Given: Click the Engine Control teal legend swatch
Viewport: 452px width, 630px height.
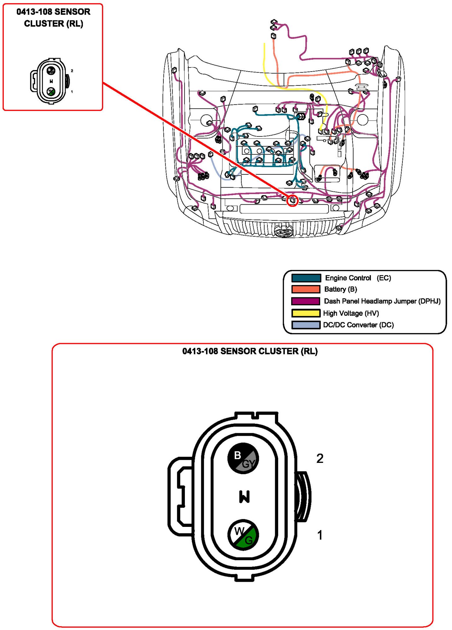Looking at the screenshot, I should point(306,278).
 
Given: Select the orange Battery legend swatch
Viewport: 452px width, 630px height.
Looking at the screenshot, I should point(306,289).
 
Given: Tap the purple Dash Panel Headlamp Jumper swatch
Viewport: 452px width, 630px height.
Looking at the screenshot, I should point(306,301).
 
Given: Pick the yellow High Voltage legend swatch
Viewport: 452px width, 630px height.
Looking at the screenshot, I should point(306,313).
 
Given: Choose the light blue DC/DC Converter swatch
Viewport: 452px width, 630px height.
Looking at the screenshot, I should point(306,325).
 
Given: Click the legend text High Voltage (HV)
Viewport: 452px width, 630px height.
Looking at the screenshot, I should point(351,313).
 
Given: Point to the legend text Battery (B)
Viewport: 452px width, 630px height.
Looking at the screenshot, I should point(340,289).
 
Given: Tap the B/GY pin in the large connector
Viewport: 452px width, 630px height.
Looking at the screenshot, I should point(243,458).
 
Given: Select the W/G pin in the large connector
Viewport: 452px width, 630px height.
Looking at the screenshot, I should point(243,535).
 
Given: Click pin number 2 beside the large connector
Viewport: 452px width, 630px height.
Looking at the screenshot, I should point(320,458).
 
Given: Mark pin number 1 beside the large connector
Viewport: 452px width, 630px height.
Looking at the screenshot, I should point(320,535).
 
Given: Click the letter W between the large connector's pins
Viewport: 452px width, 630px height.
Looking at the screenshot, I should point(244,497).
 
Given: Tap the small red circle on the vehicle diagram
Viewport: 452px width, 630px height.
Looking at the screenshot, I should point(292,201).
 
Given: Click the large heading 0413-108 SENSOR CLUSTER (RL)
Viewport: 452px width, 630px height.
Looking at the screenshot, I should point(250,351).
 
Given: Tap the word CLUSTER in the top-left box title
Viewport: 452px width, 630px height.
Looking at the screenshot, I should point(44,24).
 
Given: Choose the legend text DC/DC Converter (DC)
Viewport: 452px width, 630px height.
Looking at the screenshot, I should point(358,325).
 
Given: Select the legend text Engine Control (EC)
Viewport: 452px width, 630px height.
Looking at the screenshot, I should point(358,278).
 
